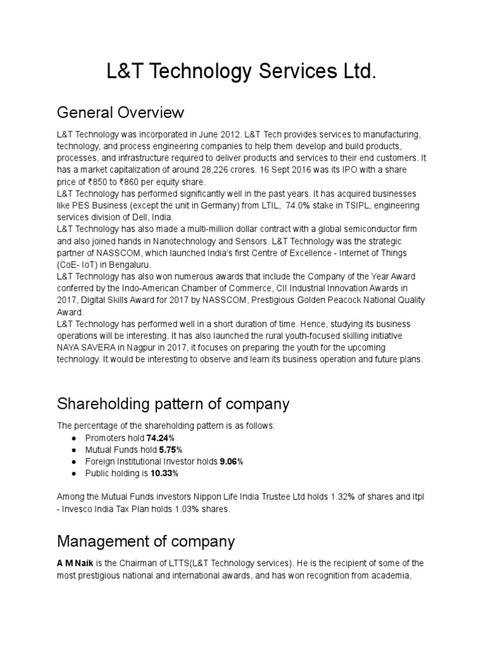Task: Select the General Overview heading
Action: click(x=120, y=113)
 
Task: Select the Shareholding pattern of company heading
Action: click(x=173, y=403)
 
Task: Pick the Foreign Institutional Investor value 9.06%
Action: click(x=231, y=461)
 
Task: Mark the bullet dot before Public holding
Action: click(x=74, y=473)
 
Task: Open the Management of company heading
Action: click(x=146, y=541)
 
